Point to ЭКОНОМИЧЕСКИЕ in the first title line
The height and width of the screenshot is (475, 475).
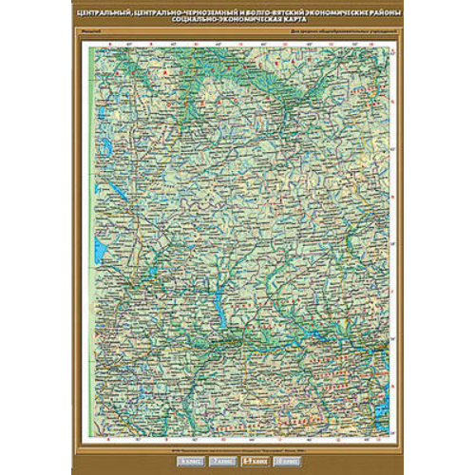pyautogui.click(x=320, y=11)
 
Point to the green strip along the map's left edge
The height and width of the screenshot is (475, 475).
pyautogui.click(x=90, y=237)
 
